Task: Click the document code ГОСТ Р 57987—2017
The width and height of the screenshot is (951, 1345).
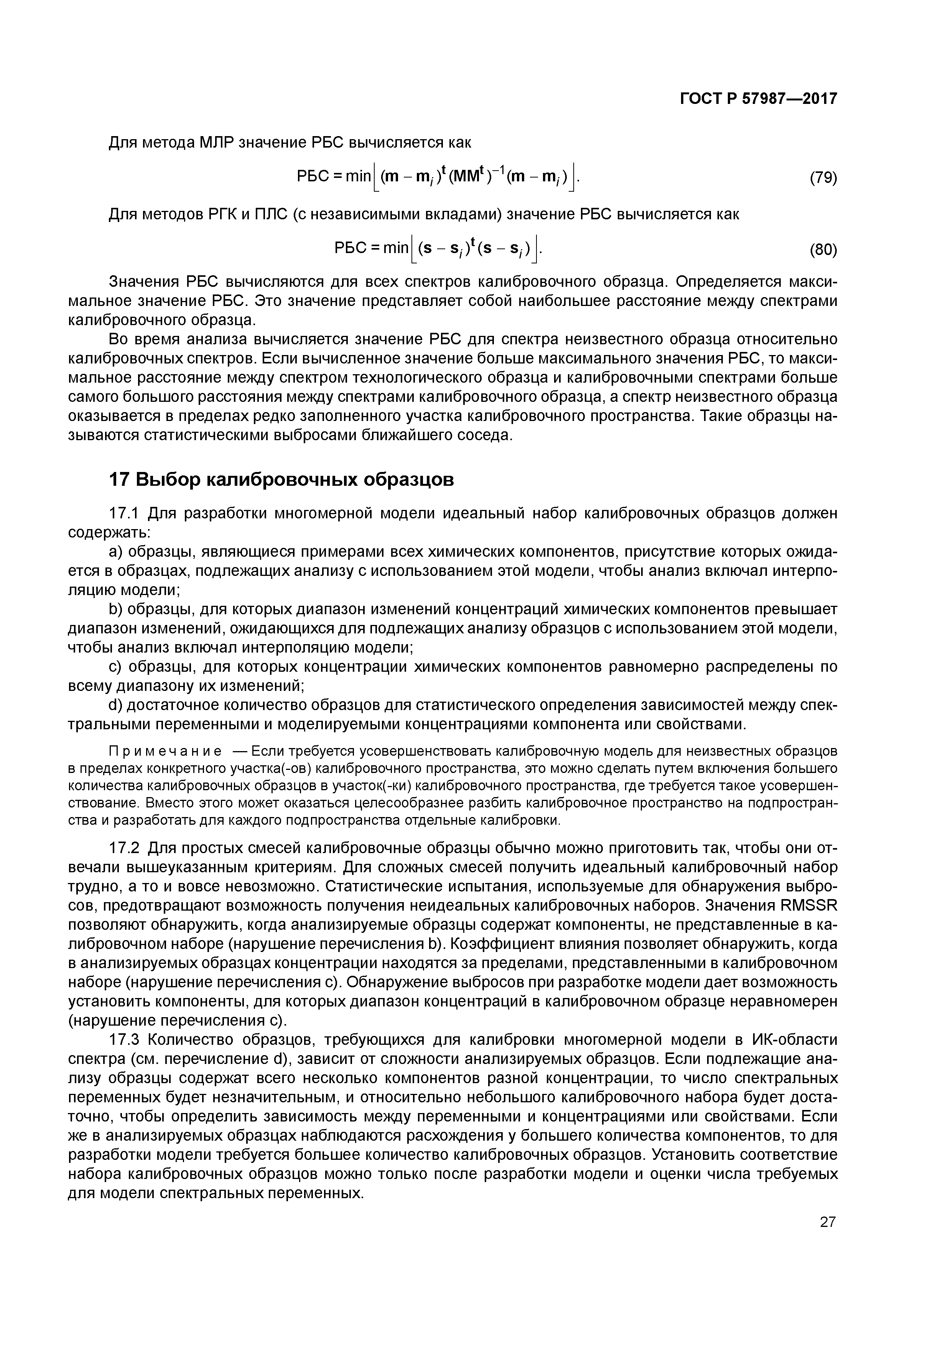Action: [758, 99]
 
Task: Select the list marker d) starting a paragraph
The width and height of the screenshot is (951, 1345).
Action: [116, 705]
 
